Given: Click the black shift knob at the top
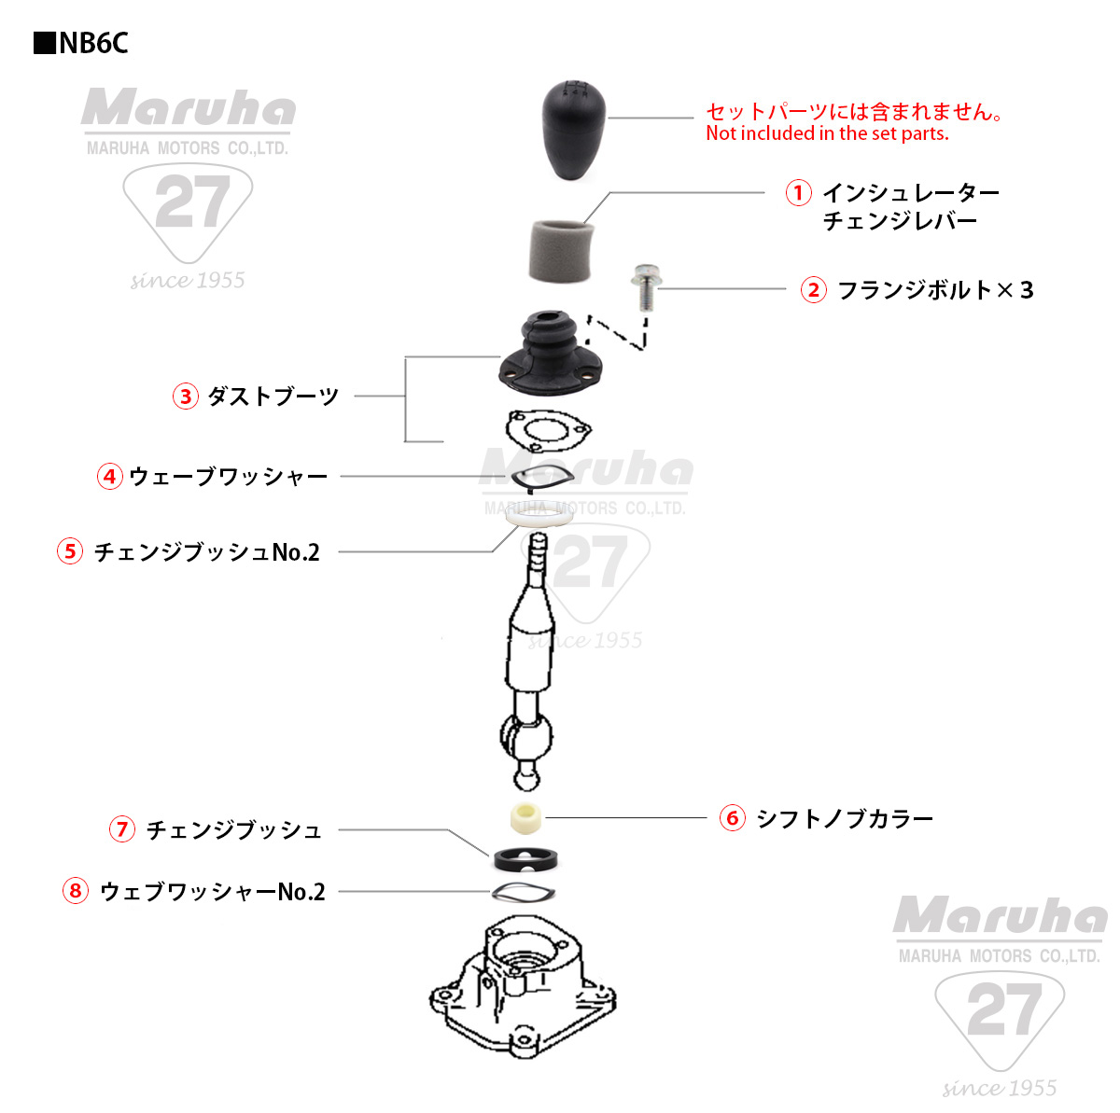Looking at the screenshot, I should (574, 129).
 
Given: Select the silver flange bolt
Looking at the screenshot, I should (642, 288).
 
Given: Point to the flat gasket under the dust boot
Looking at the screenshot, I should (548, 430).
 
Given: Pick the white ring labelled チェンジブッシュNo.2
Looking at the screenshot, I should (538, 515).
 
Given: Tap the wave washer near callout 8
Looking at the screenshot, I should (524, 892).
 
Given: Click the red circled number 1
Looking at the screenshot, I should (798, 193).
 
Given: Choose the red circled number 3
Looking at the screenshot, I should (186, 397).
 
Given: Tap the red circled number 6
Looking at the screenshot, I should (733, 819).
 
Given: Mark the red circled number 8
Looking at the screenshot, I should (76, 891).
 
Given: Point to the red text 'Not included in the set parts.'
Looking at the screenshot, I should (827, 133).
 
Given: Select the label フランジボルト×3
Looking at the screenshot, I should (934, 290).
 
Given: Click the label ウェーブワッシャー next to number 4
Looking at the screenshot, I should (229, 477).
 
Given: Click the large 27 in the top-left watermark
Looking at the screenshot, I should (191, 202).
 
